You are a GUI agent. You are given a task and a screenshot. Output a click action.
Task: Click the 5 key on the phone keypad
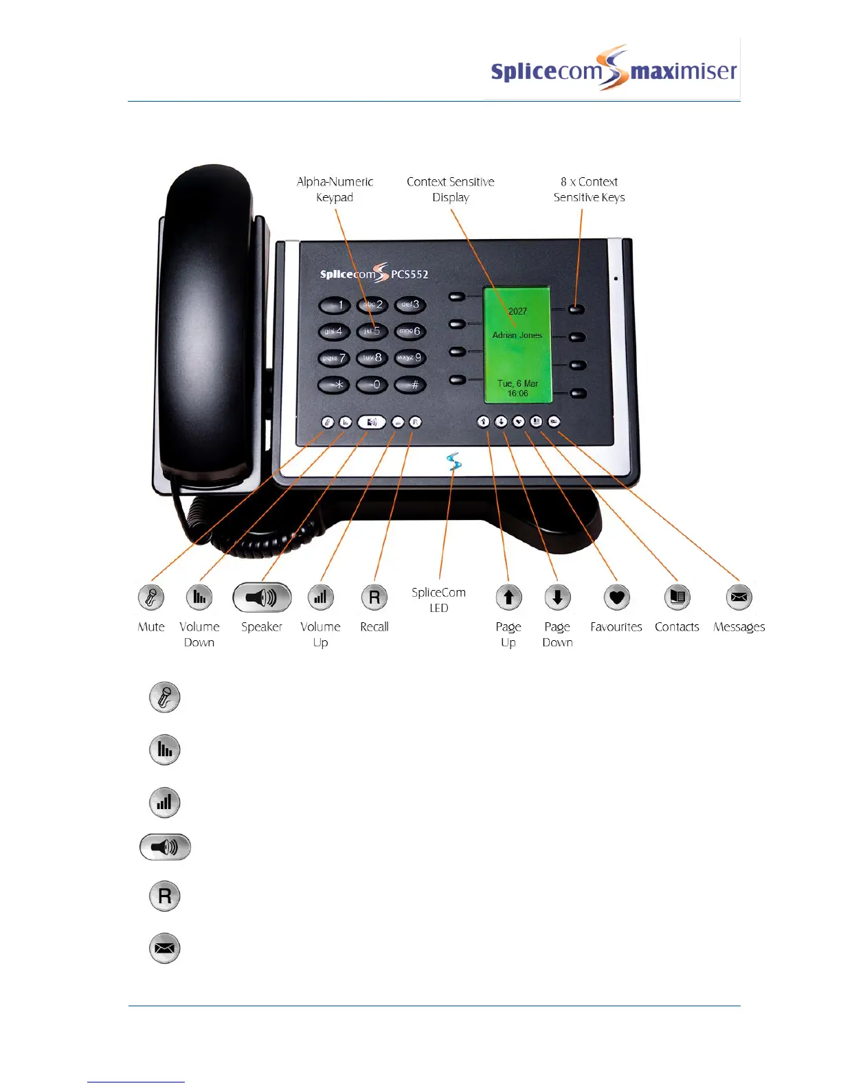tap(372, 331)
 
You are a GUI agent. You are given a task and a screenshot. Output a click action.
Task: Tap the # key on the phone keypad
tap(410, 385)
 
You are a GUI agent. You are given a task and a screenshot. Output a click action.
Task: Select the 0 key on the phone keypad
tap(372, 385)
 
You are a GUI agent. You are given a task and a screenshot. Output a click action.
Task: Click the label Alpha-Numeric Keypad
tap(335, 190)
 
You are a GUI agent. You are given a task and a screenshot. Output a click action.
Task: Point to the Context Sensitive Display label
tap(450, 190)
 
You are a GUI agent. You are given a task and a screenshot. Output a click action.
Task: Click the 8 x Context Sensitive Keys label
tap(589, 190)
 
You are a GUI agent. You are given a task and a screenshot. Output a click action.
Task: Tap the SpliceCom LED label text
tap(438, 600)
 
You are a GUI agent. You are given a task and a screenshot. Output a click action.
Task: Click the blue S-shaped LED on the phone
tap(453, 462)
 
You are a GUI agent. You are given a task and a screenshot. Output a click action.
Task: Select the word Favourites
tap(616, 626)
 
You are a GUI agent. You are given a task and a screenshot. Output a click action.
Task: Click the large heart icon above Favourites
tap(616, 598)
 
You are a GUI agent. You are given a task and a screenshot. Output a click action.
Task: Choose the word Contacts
tap(677, 626)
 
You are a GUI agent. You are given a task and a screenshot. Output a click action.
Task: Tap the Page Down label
tap(557, 634)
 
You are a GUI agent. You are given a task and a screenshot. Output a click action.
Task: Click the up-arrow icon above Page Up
tap(508, 598)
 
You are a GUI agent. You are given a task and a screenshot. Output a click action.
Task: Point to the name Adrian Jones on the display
tap(517, 335)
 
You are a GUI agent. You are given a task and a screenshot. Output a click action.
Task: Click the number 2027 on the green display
tap(517, 311)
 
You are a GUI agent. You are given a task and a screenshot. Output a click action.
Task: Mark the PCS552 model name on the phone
tap(410, 274)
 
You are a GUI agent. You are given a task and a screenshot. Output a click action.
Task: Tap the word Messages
tap(739, 626)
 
